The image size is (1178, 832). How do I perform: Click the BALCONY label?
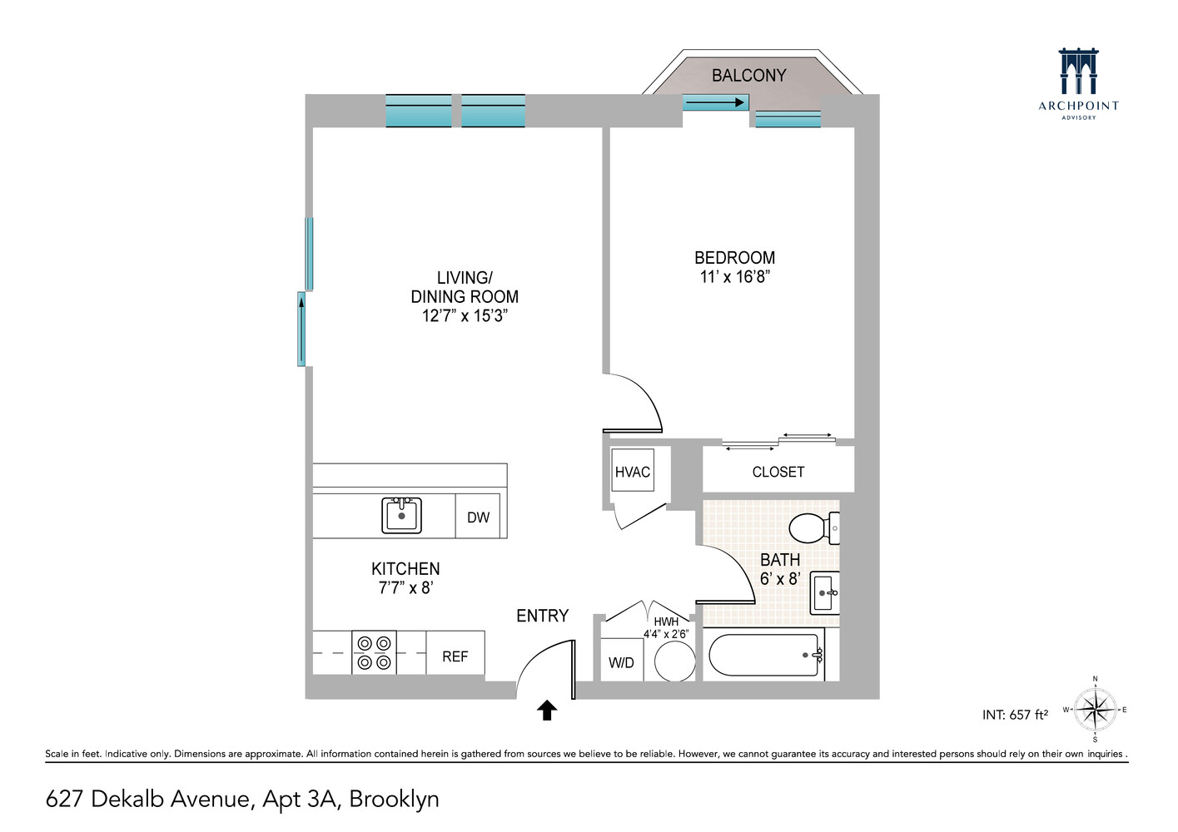748,76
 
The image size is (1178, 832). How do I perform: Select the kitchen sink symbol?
402,515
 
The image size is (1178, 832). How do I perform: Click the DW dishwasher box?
479,518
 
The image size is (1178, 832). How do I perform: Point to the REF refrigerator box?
455,656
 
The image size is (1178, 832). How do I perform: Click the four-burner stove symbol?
374,653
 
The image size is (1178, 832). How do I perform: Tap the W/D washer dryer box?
621,663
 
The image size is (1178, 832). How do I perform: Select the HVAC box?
633,473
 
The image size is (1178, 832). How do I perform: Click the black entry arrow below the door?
546,710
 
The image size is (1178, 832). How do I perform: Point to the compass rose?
1095,711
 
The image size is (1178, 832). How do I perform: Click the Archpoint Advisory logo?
1079,83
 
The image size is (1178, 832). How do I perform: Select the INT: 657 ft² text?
1015,715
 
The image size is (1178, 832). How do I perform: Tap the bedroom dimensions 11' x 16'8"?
734,277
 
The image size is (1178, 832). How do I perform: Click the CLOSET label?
778,472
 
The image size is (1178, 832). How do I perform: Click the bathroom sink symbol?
825,592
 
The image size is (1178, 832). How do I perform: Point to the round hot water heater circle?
674,662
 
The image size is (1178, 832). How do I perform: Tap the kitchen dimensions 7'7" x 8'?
405,587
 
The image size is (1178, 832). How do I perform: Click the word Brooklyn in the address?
394,800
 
